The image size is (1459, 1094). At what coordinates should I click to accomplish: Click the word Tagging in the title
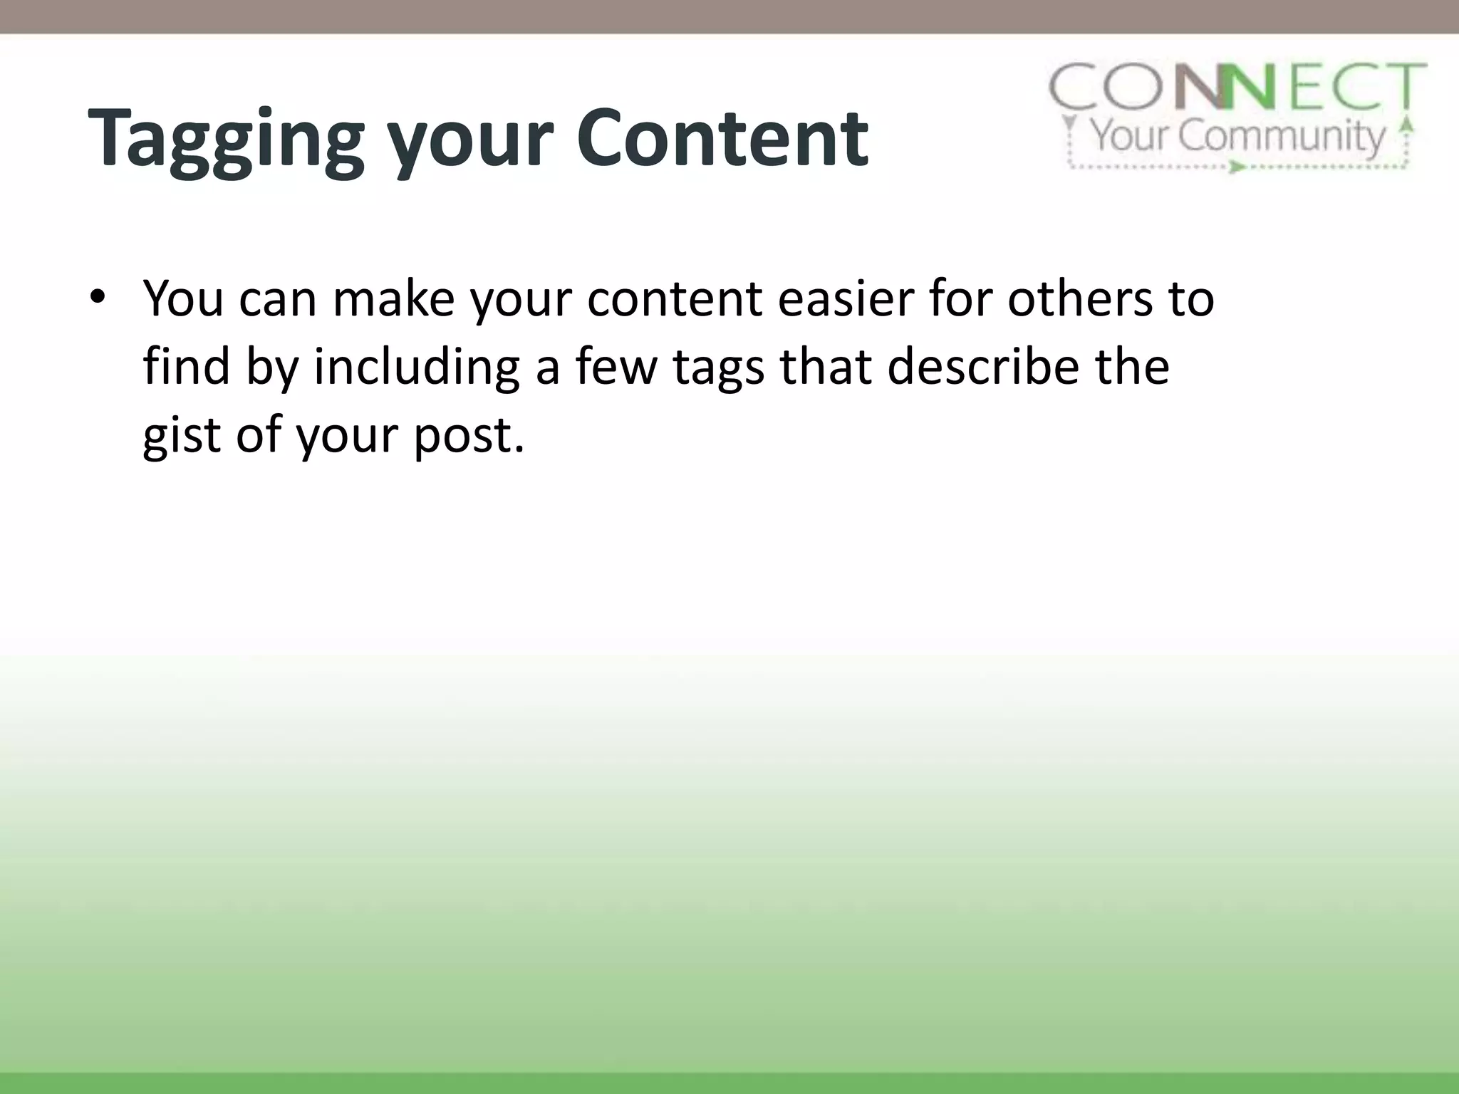226,139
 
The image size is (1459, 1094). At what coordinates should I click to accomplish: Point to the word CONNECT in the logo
1238,88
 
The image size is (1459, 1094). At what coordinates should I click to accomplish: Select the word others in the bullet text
1079,298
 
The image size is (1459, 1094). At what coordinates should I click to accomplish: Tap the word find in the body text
186,367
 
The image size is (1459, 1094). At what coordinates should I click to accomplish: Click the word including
416,368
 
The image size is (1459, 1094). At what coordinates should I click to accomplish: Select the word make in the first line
393,298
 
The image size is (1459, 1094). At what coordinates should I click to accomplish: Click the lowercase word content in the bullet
675,298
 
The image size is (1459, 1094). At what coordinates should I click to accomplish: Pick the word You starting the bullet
183,298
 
